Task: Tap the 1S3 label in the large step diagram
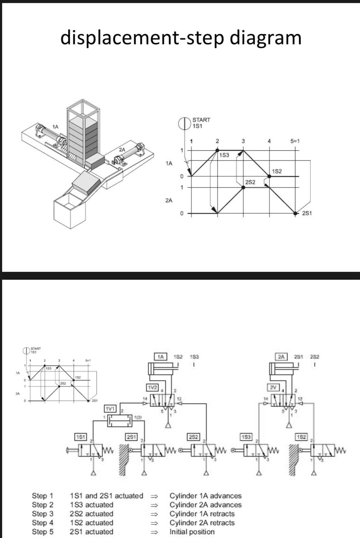[x=224, y=155]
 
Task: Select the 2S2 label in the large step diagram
[x=250, y=182]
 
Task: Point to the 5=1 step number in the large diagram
[x=295, y=141]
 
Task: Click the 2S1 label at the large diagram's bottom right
[x=307, y=213]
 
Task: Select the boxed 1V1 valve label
[x=110, y=409]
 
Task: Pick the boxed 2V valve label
[x=274, y=387]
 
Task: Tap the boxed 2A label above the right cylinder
[x=281, y=357]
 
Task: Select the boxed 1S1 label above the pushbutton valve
[x=80, y=436]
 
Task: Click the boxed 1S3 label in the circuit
[x=246, y=436]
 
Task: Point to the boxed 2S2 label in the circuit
[x=193, y=436]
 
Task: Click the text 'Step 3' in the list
[x=42, y=514]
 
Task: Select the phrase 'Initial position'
[x=192, y=532]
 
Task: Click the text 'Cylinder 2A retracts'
[x=202, y=523]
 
